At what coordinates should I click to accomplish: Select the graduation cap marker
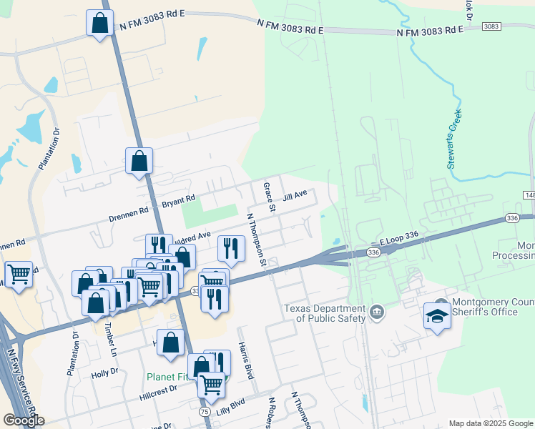(437, 315)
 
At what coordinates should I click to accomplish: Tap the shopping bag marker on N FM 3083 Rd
(99, 23)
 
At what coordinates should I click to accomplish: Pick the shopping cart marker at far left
(18, 274)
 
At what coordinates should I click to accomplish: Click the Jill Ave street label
(294, 194)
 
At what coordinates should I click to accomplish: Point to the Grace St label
(270, 198)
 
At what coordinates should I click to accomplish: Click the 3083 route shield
(491, 26)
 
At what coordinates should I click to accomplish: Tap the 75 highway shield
(205, 413)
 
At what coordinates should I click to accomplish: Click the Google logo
(24, 420)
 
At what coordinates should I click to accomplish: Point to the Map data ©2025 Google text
(491, 423)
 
